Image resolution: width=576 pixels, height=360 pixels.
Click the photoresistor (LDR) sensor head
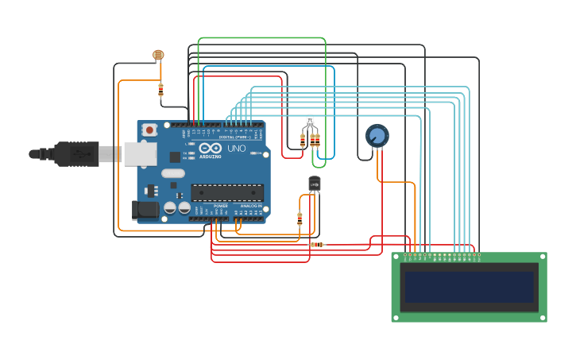click(x=158, y=55)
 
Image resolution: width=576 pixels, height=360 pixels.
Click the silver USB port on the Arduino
click(x=140, y=153)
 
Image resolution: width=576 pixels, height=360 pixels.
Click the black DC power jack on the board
click(x=145, y=210)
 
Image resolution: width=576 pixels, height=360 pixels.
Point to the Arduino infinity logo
click(x=211, y=149)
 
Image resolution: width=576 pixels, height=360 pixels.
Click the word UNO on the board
click(x=237, y=149)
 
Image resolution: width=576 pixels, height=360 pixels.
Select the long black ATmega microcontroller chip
click(x=227, y=192)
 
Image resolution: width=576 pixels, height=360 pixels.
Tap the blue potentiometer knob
click(x=377, y=136)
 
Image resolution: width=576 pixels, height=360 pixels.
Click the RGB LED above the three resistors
click(x=310, y=122)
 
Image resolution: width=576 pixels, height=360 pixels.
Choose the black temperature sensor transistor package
click(x=315, y=184)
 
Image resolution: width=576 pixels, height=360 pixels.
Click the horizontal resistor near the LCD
click(x=316, y=245)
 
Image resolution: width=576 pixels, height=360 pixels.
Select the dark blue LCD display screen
click(x=469, y=287)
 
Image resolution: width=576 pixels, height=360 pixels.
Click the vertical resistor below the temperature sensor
click(x=300, y=219)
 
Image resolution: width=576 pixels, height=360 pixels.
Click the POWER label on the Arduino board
click(x=220, y=206)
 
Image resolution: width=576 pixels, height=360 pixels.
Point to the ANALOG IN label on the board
click(x=251, y=206)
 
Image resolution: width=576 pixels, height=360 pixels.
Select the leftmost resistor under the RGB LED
click(x=303, y=141)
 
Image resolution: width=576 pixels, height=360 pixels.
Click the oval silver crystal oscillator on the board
click(x=172, y=173)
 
